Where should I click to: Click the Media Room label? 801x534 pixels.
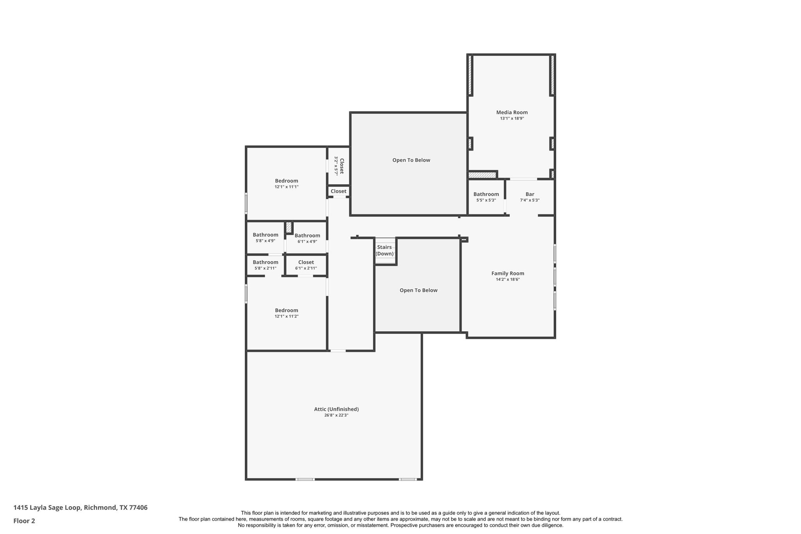click(x=512, y=112)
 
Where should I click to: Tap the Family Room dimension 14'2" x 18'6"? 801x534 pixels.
click(x=508, y=279)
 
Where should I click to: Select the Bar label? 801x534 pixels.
click(x=530, y=194)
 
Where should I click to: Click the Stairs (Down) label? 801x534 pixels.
click(x=384, y=250)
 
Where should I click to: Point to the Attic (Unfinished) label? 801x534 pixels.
click(x=336, y=409)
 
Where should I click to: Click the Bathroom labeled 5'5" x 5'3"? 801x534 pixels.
click(x=486, y=194)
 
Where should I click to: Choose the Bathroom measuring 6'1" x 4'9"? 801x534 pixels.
click(x=307, y=236)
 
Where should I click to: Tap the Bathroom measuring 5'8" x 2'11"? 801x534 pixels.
click(x=265, y=262)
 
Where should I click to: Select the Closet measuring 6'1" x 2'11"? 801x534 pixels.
click(x=306, y=262)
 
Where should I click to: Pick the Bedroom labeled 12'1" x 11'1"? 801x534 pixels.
click(x=286, y=181)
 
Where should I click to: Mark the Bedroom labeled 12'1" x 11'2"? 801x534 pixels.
click(x=286, y=310)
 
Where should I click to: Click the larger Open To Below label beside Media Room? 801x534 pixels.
click(x=411, y=160)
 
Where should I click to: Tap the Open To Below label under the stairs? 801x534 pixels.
click(x=418, y=290)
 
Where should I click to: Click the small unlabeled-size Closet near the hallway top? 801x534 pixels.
click(x=338, y=191)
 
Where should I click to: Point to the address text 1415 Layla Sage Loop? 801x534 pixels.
click(x=80, y=508)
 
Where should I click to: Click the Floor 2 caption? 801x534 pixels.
click(x=24, y=521)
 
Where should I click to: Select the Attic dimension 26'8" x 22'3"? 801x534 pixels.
click(x=336, y=415)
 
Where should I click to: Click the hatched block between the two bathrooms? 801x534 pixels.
click(x=289, y=227)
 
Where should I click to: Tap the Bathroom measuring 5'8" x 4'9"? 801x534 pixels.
click(x=265, y=235)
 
